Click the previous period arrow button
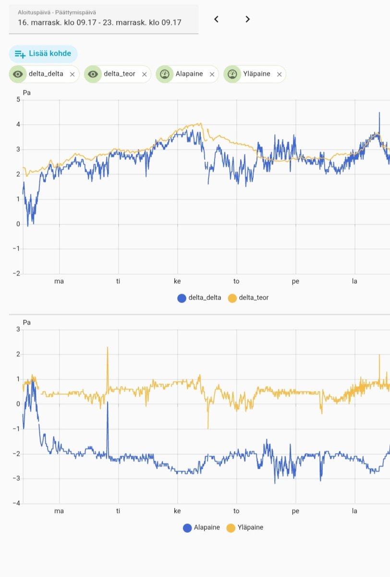(216, 19)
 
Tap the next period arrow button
(247, 19)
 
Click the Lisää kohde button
(43, 53)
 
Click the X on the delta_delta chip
(72, 75)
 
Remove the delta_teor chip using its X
(144, 75)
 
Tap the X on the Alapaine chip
(212, 75)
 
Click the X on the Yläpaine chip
(279, 75)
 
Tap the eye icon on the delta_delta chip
(18, 74)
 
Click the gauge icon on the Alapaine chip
(164, 74)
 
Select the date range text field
(103, 19)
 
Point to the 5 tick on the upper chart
(18, 100)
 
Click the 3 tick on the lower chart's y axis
(18, 329)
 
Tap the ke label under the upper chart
(177, 281)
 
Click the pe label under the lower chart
(295, 511)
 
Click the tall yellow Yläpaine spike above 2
(108, 348)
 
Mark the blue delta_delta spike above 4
(379, 113)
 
